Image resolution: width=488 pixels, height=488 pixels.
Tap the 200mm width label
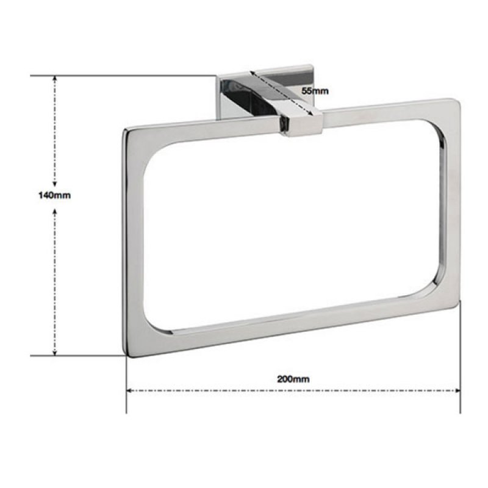click(293, 378)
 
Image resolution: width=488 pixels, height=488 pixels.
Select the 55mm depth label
click(315, 90)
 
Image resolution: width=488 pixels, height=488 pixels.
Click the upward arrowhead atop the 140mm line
click(55, 79)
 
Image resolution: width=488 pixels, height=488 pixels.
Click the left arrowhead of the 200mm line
click(130, 390)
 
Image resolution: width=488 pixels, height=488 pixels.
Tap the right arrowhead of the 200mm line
click(457, 390)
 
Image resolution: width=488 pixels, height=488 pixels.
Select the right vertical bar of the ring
click(451, 201)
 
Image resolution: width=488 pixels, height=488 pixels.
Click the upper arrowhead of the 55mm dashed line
click(255, 77)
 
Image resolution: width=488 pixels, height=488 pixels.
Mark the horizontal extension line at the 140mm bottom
click(79, 355)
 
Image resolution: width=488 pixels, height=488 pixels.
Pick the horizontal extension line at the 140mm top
click(122, 76)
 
